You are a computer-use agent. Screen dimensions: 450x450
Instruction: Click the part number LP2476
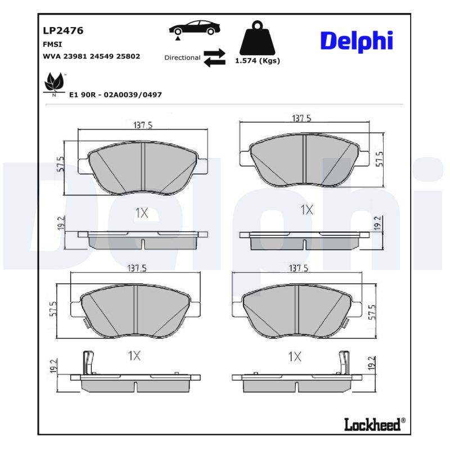tap(63, 31)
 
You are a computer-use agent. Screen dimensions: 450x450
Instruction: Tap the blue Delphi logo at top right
tap(356, 41)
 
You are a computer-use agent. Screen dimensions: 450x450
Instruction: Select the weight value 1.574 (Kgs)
tap(257, 61)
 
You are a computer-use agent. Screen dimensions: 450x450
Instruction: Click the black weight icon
tap(257, 38)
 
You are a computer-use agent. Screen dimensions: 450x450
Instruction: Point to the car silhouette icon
tap(195, 29)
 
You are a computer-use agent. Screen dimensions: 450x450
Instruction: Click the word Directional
tap(182, 57)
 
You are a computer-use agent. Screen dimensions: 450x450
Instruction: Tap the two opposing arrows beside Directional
tap(214, 57)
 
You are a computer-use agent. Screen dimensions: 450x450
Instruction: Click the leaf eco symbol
tap(54, 84)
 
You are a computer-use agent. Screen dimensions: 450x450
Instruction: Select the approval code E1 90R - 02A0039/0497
tap(115, 94)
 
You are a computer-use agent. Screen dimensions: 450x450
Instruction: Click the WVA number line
tap(91, 56)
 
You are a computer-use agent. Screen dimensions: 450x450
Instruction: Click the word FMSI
tap(52, 44)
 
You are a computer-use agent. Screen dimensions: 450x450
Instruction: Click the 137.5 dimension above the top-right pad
tap(301, 119)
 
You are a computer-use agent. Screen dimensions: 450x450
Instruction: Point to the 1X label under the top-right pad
tap(307, 210)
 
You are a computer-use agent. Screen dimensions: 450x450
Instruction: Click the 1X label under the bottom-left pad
tap(134, 355)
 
